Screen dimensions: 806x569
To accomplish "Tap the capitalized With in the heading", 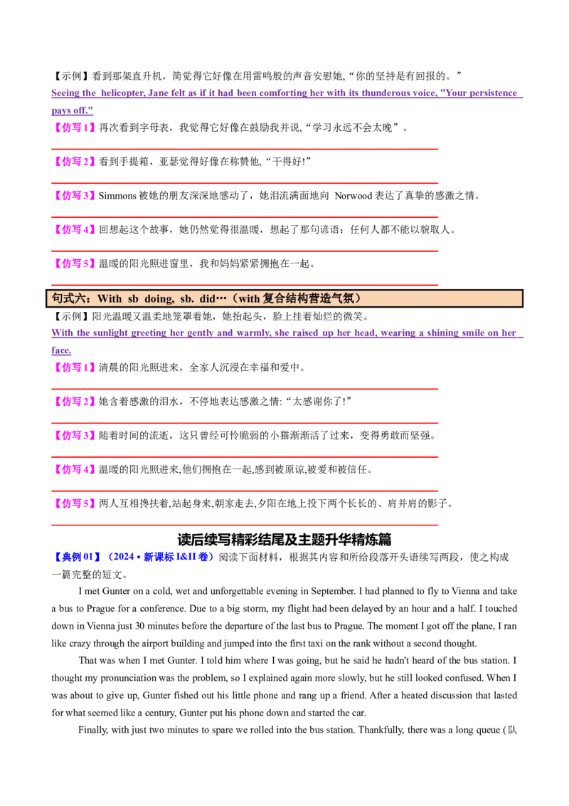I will (x=110, y=298).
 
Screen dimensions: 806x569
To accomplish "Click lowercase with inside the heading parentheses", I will (x=249, y=298).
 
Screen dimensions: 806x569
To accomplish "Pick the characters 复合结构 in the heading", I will (x=284, y=298).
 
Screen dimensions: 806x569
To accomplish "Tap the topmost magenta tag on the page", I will (x=75, y=128).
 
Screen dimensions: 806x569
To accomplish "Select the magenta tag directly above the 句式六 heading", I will (x=75, y=264).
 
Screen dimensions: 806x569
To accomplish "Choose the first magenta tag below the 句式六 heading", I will (x=75, y=367).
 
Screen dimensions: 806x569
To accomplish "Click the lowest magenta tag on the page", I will (x=75, y=503).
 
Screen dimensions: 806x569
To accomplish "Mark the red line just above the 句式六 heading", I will (x=245, y=285).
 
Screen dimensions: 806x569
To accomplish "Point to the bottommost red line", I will (x=245, y=526).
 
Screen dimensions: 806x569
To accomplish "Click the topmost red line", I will (x=245, y=150).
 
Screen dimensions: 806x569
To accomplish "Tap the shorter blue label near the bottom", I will (x=77, y=556).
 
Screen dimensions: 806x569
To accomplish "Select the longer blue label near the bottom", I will (x=161, y=556).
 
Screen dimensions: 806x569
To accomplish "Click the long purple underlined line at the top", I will (x=284, y=94).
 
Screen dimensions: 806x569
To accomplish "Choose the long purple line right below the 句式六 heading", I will (x=284, y=333).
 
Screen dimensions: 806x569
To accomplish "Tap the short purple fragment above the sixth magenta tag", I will (x=63, y=352).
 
